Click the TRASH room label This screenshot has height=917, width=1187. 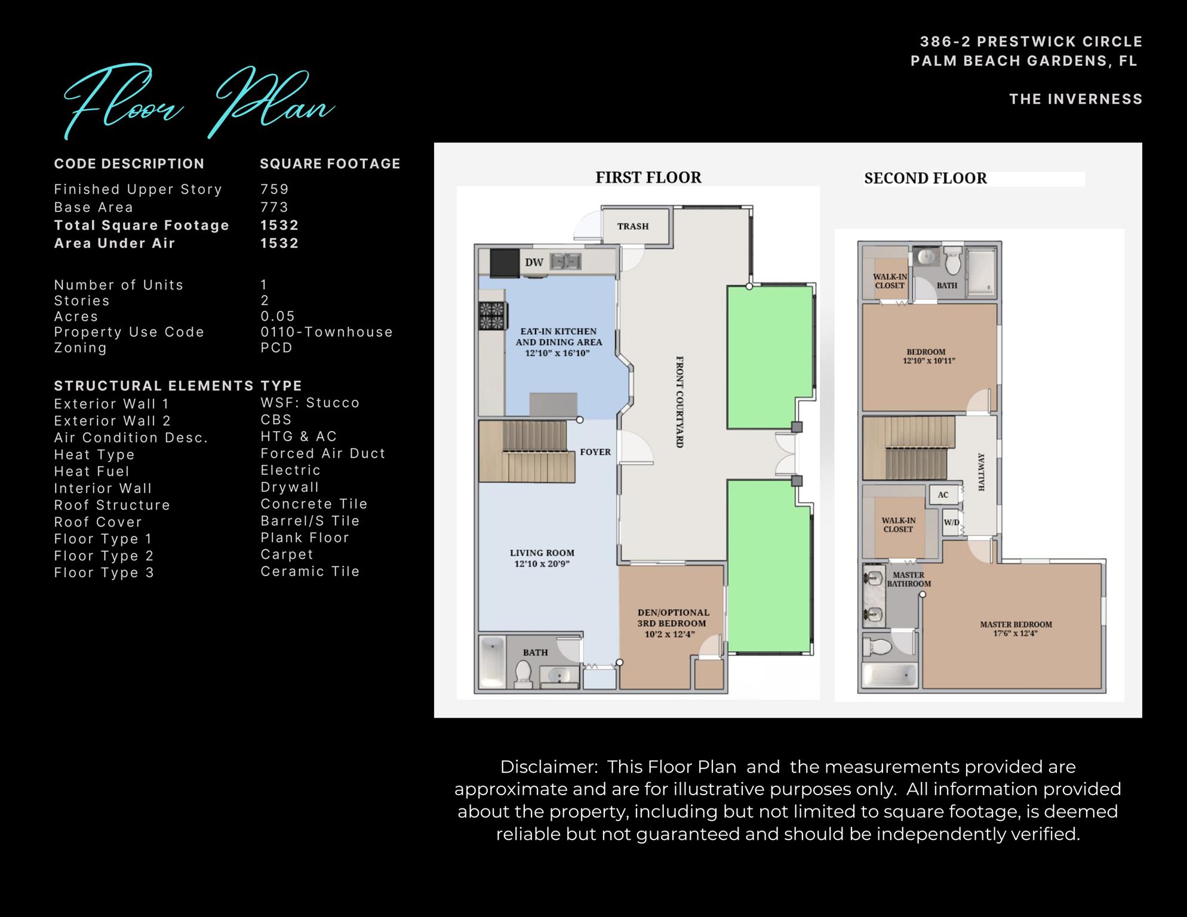click(633, 226)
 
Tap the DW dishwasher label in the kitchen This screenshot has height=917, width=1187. click(534, 263)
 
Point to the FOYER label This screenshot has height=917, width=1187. click(595, 452)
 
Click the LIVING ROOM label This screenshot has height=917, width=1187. click(542, 558)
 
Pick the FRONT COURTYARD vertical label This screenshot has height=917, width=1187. click(679, 402)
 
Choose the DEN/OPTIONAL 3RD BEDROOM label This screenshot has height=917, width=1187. click(673, 623)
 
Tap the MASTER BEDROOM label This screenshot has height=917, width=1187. click(1016, 629)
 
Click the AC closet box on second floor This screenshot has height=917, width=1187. click(943, 494)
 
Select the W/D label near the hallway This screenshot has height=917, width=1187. click(951, 522)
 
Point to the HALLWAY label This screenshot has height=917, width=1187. click(981, 472)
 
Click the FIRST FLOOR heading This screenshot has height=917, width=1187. click(648, 177)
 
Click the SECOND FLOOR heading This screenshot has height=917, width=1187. click(925, 178)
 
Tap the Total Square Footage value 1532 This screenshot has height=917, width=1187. click(279, 225)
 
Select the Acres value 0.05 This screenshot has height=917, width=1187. click(278, 316)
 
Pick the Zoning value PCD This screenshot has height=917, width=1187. click(276, 347)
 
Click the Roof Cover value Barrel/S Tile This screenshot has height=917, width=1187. click(310, 521)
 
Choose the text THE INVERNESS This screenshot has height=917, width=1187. click(1075, 99)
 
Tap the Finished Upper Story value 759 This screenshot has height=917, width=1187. click(275, 189)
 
